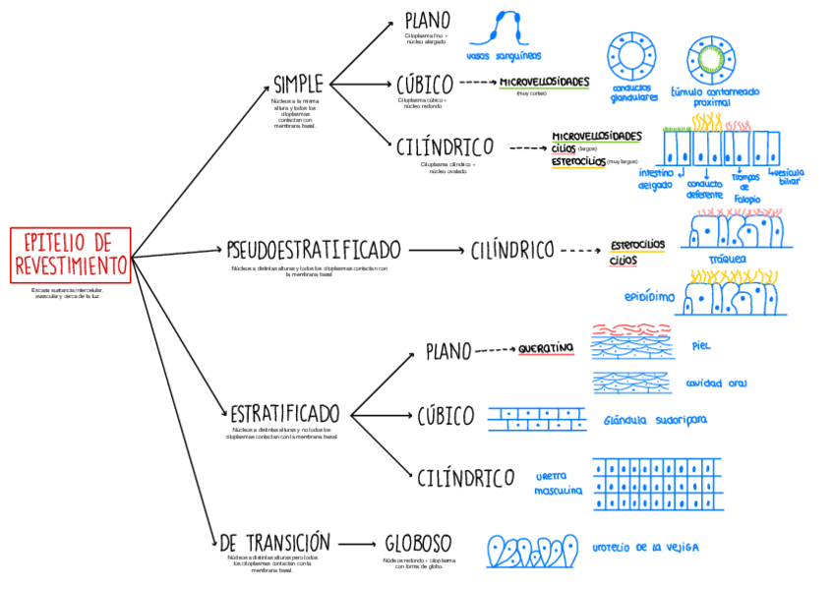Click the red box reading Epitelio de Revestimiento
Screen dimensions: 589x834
tap(71, 254)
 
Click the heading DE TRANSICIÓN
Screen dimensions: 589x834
tap(274, 544)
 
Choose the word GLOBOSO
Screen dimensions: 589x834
tap(418, 544)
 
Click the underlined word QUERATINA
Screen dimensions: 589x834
tap(546, 348)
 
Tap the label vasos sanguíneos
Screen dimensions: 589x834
tap(505, 56)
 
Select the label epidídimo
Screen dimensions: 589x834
tap(649, 296)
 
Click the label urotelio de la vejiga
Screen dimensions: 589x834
tap(645, 547)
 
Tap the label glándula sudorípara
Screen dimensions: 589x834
tap(655, 420)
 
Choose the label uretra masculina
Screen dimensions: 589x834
tap(558, 483)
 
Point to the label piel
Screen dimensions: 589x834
tap(700, 346)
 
